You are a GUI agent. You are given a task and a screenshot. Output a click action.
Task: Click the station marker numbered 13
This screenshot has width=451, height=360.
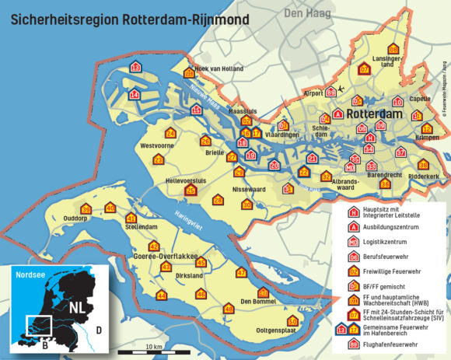135,68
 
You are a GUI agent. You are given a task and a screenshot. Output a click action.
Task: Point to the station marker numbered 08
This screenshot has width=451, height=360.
393,49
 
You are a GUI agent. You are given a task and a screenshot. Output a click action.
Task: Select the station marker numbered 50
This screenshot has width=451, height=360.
292,321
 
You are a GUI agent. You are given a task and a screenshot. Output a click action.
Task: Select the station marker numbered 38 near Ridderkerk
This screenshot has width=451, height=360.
423,165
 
